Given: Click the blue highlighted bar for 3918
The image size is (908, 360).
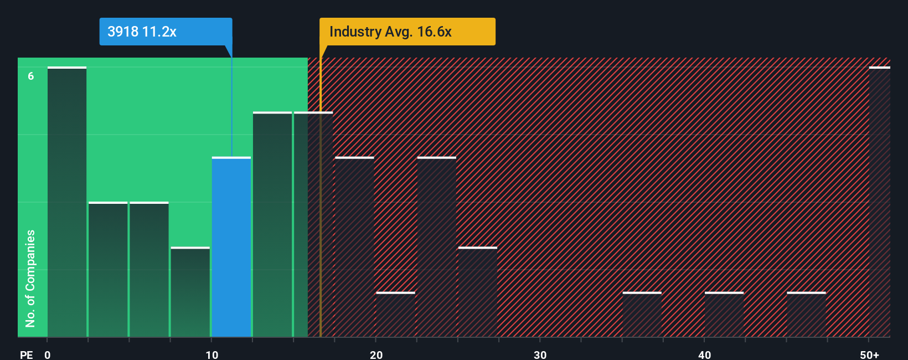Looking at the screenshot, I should [x=231, y=247].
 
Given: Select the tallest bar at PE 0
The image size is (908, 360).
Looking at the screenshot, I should [x=67, y=202].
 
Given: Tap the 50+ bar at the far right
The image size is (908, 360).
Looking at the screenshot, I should [x=879, y=202].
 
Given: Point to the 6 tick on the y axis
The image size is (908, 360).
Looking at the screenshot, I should [x=31, y=76].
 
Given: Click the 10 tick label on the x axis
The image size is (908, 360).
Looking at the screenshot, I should [x=212, y=355].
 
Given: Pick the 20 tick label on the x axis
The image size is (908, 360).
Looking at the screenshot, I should [x=376, y=355].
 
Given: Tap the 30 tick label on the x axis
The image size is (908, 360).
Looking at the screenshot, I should [x=540, y=355].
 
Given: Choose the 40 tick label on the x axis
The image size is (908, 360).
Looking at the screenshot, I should [x=704, y=355].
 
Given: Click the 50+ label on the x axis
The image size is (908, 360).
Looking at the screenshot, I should [x=869, y=355].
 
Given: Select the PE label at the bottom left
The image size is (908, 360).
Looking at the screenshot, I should [x=26, y=355].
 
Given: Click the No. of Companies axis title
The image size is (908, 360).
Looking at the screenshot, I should [x=30, y=278].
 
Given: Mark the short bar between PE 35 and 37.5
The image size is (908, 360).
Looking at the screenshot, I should [x=642, y=315].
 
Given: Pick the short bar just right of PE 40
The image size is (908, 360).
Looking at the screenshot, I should [x=724, y=315].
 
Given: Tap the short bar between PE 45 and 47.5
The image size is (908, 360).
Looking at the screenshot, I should [x=806, y=315].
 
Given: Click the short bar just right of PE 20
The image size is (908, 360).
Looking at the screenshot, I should [x=395, y=315].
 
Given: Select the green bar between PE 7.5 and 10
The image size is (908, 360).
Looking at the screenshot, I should [x=190, y=292].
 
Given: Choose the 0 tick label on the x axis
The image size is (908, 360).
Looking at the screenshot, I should [x=48, y=355].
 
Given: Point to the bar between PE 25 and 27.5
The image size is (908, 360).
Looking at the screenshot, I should [x=477, y=292].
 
